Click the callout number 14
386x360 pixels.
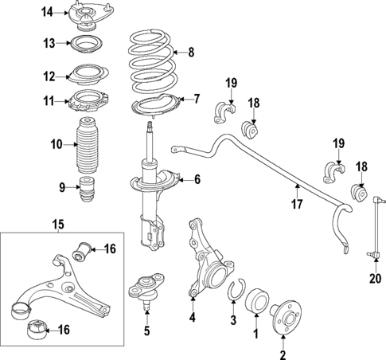click(48, 11)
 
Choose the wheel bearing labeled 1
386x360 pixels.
click(259, 303)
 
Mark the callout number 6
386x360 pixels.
click(196, 181)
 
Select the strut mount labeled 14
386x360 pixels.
click(86, 16)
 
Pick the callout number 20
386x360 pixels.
click(375, 278)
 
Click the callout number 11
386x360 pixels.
click(47, 102)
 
